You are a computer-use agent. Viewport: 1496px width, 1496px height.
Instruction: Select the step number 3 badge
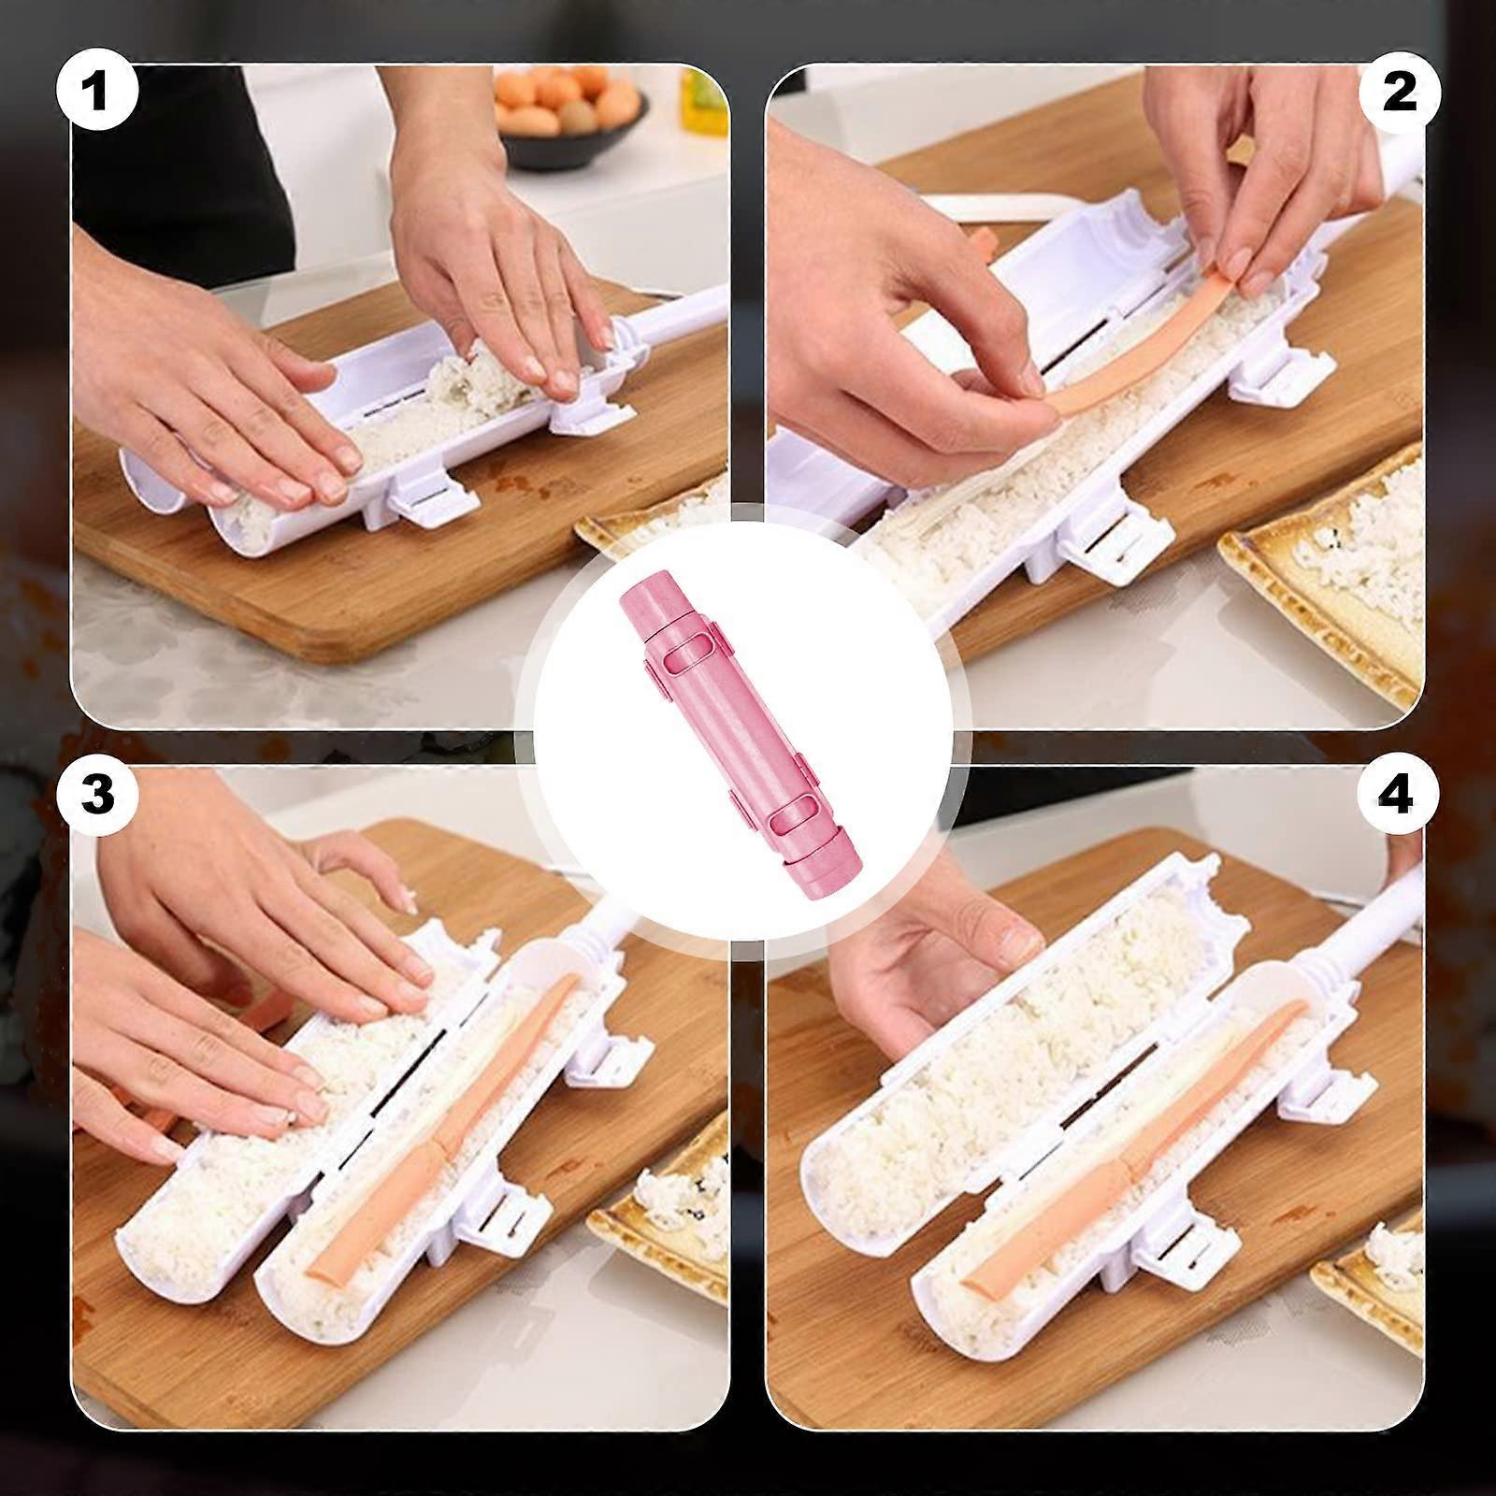pyautogui.click(x=97, y=794)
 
